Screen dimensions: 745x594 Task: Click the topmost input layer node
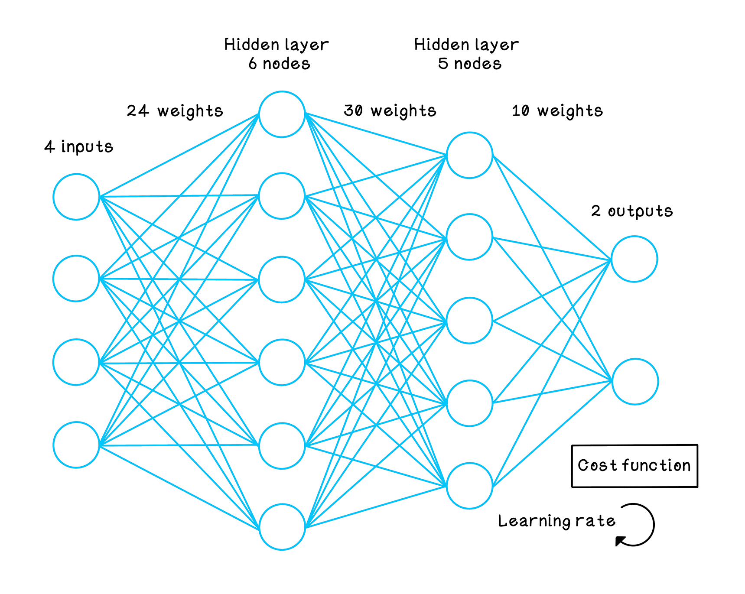pyautogui.click(x=76, y=197)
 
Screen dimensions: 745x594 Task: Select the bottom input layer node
pyautogui.click(x=76, y=445)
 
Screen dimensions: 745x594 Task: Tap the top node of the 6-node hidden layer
pyautogui.click(x=282, y=114)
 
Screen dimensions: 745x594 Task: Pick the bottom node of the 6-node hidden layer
pyautogui.click(x=282, y=527)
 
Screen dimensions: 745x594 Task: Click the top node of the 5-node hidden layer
pyautogui.click(x=470, y=155)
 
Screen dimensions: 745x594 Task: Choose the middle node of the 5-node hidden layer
pyautogui.click(x=470, y=321)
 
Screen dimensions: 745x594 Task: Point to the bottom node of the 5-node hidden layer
pyautogui.click(x=470, y=485)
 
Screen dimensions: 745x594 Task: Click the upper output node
pyautogui.click(x=634, y=259)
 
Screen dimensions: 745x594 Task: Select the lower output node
pyautogui.click(x=635, y=381)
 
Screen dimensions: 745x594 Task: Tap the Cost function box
pyautogui.click(x=634, y=466)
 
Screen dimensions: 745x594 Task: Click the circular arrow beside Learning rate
pyautogui.click(x=635, y=525)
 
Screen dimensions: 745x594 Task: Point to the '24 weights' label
pyautogui.click(x=175, y=111)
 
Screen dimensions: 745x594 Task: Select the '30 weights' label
pyautogui.click(x=390, y=111)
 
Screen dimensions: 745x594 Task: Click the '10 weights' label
pyautogui.click(x=557, y=111)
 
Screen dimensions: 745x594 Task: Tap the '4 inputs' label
pyautogui.click(x=79, y=147)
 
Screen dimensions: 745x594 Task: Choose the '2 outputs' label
pyautogui.click(x=632, y=211)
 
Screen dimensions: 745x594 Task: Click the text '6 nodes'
pyautogui.click(x=280, y=64)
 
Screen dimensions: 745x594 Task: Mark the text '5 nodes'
pyautogui.click(x=470, y=64)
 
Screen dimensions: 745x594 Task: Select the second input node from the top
pyautogui.click(x=76, y=278)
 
